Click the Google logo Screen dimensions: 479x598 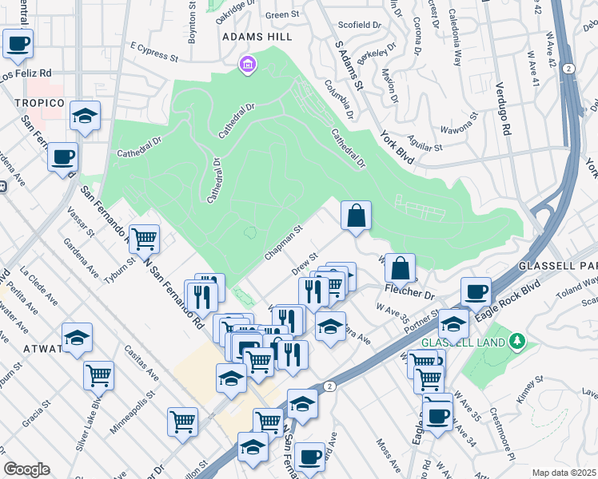[x=26, y=469]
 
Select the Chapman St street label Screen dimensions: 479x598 [x=283, y=243]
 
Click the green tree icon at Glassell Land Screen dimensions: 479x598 [x=517, y=342]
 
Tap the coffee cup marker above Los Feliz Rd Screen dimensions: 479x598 [x=18, y=43]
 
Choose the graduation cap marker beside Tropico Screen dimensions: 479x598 [x=84, y=116]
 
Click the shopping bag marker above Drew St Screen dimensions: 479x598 [x=356, y=215]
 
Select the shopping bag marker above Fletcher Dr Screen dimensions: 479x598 [x=400, y=267]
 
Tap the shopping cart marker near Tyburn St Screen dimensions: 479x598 [x=144, y=238]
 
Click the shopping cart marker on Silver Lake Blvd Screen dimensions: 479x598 [x=98, y=374]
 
